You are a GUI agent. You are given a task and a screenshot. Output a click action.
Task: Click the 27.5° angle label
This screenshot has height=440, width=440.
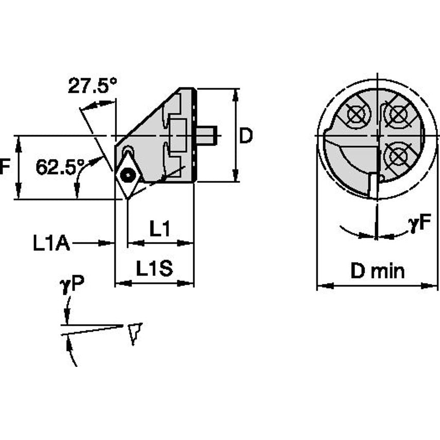point(93,85)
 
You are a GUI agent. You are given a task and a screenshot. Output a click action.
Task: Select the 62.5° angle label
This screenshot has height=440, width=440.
point(60,166)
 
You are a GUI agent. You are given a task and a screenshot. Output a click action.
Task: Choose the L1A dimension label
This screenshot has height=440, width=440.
point(52,244)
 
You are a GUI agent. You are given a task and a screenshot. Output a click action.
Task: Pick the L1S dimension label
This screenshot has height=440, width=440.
point(154,269)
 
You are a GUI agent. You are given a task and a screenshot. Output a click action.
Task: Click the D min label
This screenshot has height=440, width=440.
point(377,270)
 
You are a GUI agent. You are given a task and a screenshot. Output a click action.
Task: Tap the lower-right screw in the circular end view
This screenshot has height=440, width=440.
point(398,154)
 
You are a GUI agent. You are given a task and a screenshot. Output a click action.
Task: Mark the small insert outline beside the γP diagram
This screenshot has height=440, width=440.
point(135,333)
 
